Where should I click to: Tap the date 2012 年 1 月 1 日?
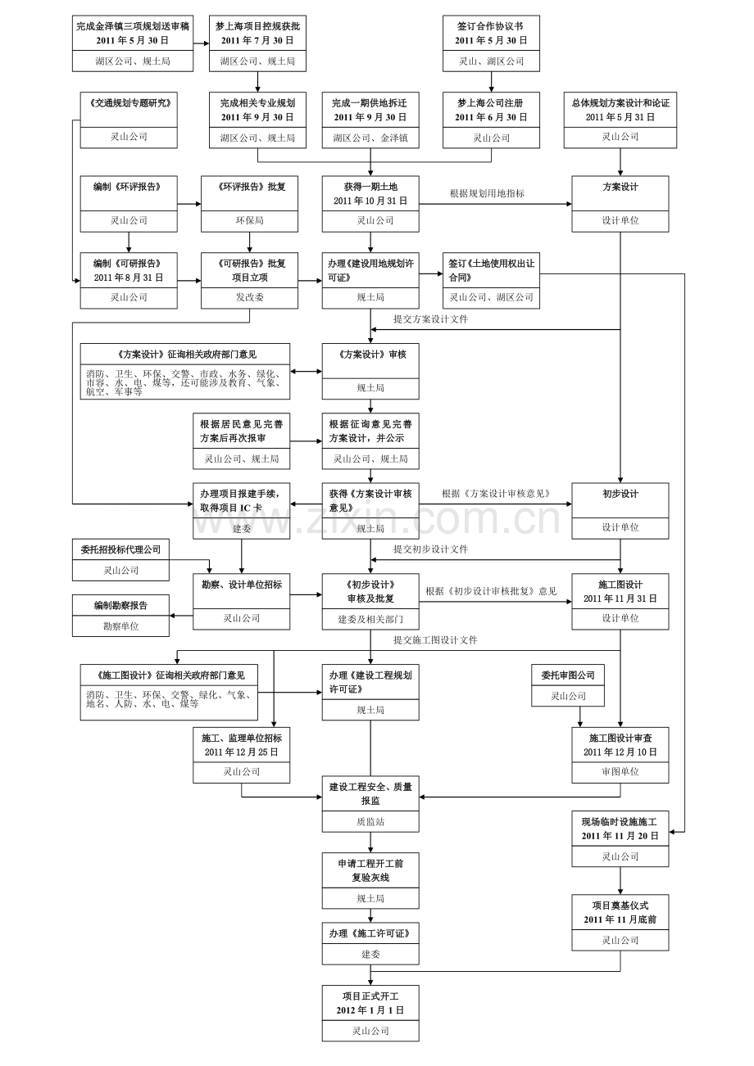(370, 1010)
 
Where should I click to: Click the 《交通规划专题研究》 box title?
(129, 103)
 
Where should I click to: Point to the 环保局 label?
(249, 220)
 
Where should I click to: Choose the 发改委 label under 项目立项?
(249, 297)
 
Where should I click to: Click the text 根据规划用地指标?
(487, 194)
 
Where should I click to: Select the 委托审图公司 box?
(567, 675)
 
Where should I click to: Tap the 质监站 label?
(370, 821)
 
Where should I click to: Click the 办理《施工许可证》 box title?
(370, 933)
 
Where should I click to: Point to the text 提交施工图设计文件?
(434, 640)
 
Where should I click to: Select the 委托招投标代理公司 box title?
(120, 549)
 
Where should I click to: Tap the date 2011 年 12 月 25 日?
(241, 752)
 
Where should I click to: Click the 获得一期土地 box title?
(370, 187)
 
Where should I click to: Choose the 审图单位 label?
(620, 771)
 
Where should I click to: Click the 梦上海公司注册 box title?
(490, 103)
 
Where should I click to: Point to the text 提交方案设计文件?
(430, 319)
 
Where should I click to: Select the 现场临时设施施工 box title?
(620, 822)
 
